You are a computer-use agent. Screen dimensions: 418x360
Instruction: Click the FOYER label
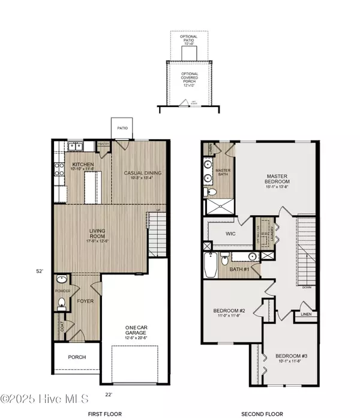pyautogui.click(x=84, y=301)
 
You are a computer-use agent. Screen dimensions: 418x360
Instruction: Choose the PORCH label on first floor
pyautogui.click(x=77, y=357)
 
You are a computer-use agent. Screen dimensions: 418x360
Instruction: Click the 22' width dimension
pyautogui.click(x=109, y=395)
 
